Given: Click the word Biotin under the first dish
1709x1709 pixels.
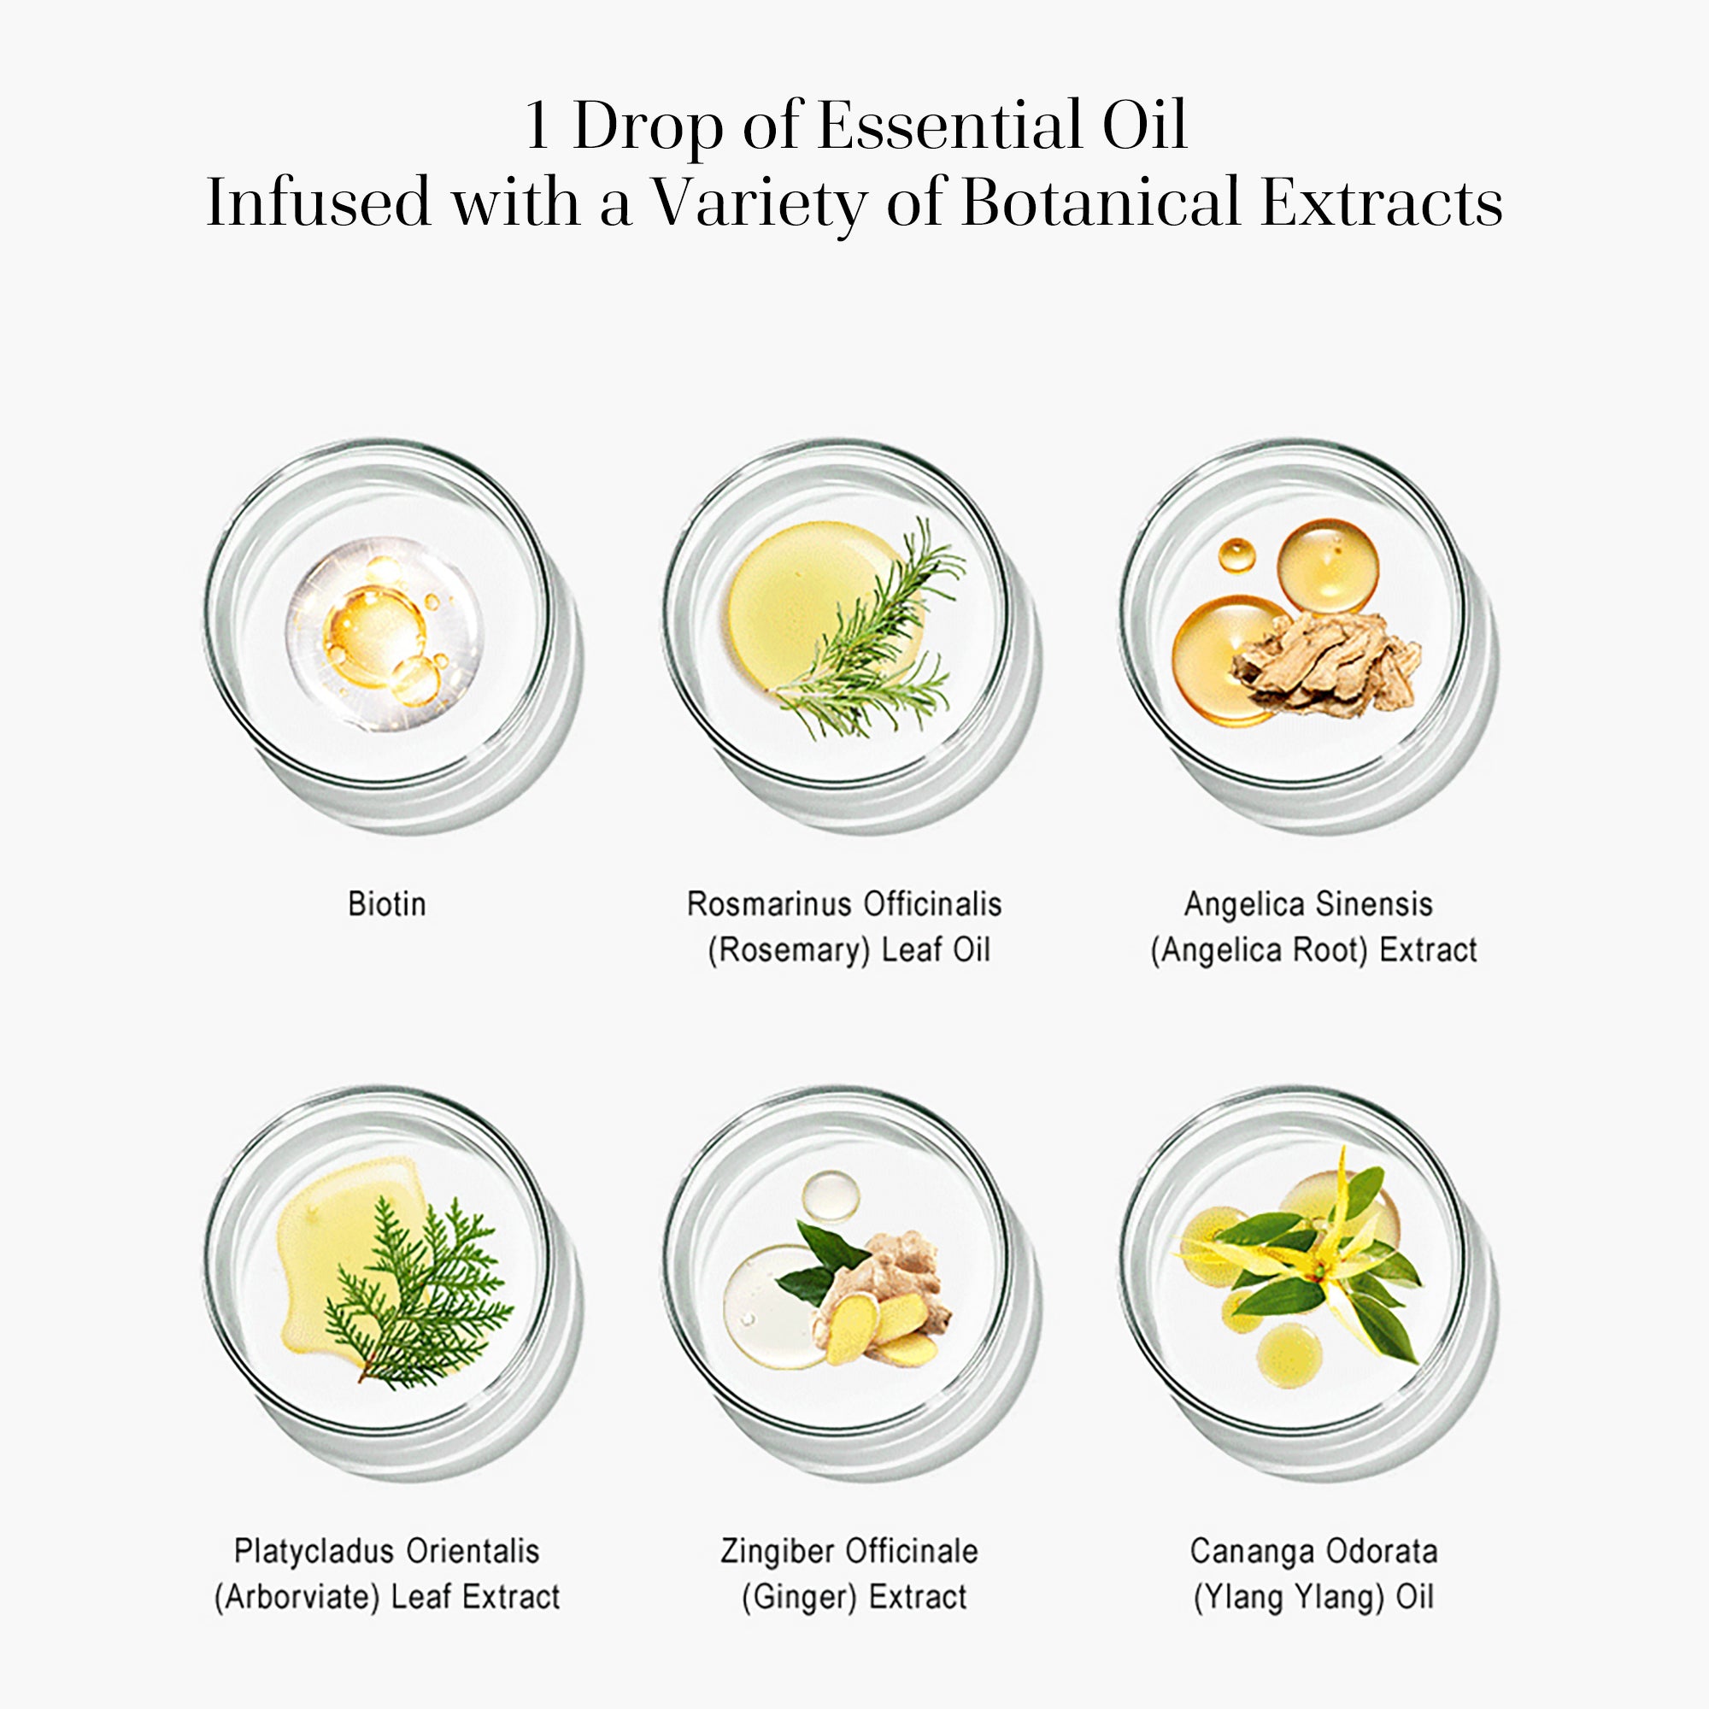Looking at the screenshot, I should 386,904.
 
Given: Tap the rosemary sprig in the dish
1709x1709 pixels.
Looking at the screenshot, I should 872,642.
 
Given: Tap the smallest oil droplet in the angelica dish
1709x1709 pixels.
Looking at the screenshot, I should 1236,555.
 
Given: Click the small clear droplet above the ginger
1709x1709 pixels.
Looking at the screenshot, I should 830,1197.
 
